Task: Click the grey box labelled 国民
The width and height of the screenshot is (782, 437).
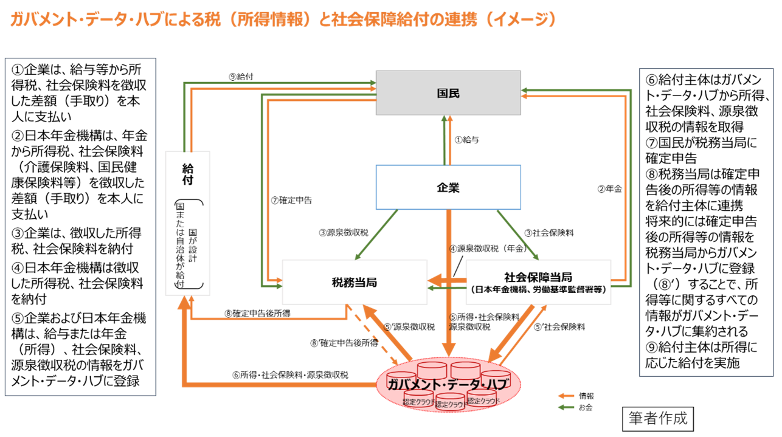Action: tap(448, 93)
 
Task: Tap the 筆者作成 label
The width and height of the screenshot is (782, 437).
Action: tap(658, 419)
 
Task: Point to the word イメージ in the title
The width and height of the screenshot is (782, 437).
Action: tap(519, 20)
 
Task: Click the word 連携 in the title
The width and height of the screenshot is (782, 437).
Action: tap(459, 20)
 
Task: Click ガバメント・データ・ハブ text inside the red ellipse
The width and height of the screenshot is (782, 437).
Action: tap(448, 384)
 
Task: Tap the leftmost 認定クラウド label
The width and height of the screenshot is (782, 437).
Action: tap(418, 402)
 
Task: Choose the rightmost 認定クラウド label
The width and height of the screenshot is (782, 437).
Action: tap(483, 401)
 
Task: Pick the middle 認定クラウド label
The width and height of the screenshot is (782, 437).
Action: tap(451, 404)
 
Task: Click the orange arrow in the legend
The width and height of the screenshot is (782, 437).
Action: tap(566, 396)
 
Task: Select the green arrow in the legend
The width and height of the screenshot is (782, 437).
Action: tap(566, 407)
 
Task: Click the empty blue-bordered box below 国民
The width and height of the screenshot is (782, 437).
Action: tap(448, 187)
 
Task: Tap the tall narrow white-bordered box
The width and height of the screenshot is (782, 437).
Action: tap(188, 223)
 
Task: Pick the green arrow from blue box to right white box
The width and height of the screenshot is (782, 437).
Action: tap(517, 235)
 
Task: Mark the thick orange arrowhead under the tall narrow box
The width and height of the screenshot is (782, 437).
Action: tap(185, 302)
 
